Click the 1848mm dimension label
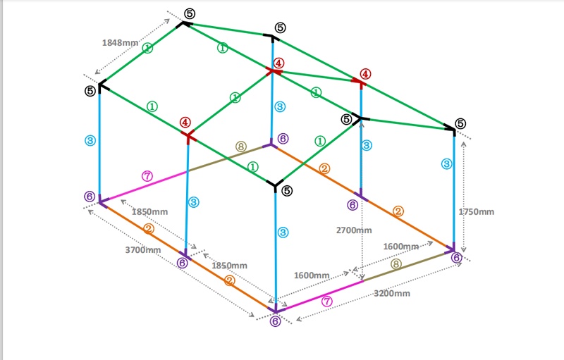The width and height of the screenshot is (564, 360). pyautogui.click(x=121, y=42)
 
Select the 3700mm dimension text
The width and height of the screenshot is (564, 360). pyautogui.click(x=143, y=249)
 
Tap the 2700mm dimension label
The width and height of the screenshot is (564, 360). pyautogui.click(x=354, y=230)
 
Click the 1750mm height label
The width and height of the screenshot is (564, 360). pyautogui.click(x=477, y=211)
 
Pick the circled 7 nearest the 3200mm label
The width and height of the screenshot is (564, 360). pyautogui.click(x=326, y=302)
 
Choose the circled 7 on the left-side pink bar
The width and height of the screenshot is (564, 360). pyautogui.click(x=147, y=176)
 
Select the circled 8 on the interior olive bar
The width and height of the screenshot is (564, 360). pyautogui.click(x=242, y=147)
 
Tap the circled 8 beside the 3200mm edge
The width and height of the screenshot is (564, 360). pyautogui.click(x=396, y=264)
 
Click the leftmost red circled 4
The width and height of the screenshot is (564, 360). pyautogui.click(x=185, y=122)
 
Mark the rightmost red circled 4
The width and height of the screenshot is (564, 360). pyautogui.click(x=365, y=74)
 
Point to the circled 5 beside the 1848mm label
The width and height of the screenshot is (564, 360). pyautogui.click(x=190, y=13)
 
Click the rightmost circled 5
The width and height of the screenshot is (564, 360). pyautogui.click(x=460, y=123)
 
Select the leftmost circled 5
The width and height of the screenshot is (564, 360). pyautogui.click(x=90, y=91)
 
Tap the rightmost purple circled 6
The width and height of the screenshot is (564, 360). pyautogui.click(x=456, y=257)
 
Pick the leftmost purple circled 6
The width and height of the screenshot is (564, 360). pyautogui.click(x=90, y=196)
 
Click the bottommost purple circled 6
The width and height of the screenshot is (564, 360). pyautogui.click(x=275, y=321)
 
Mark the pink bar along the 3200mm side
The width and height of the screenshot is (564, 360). pyautogui.click(x=317, y=295)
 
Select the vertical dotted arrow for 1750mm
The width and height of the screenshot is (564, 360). pyautogui.click(x=463, y=190)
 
